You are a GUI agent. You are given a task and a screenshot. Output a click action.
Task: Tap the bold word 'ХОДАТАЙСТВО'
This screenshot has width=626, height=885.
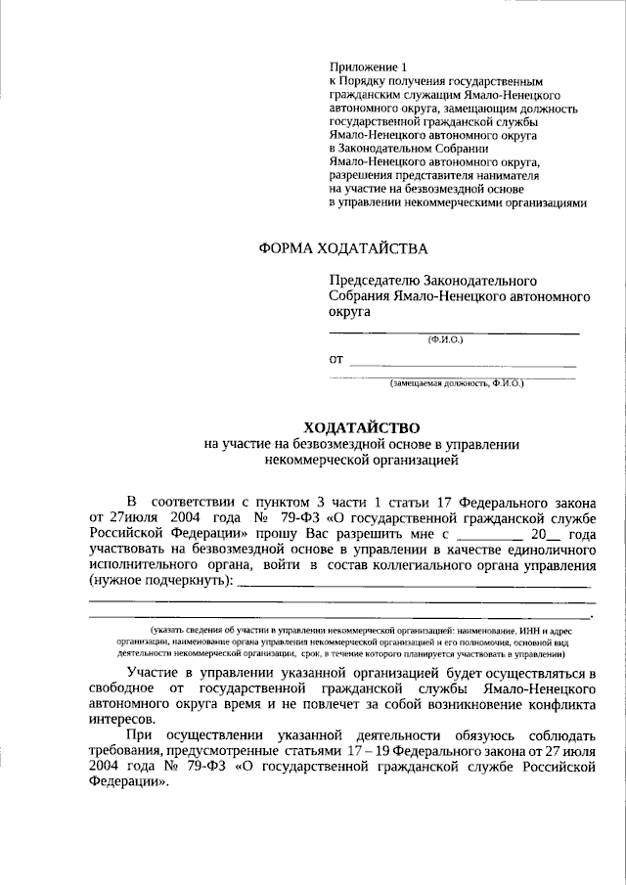pos(362,427)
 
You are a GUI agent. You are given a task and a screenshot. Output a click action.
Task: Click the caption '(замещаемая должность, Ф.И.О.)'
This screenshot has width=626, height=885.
pos(457,383)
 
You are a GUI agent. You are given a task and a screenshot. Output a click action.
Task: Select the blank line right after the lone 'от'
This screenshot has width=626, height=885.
pos(463,364)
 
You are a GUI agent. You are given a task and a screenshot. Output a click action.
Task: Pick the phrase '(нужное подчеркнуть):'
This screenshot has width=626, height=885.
pos(161,581)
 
